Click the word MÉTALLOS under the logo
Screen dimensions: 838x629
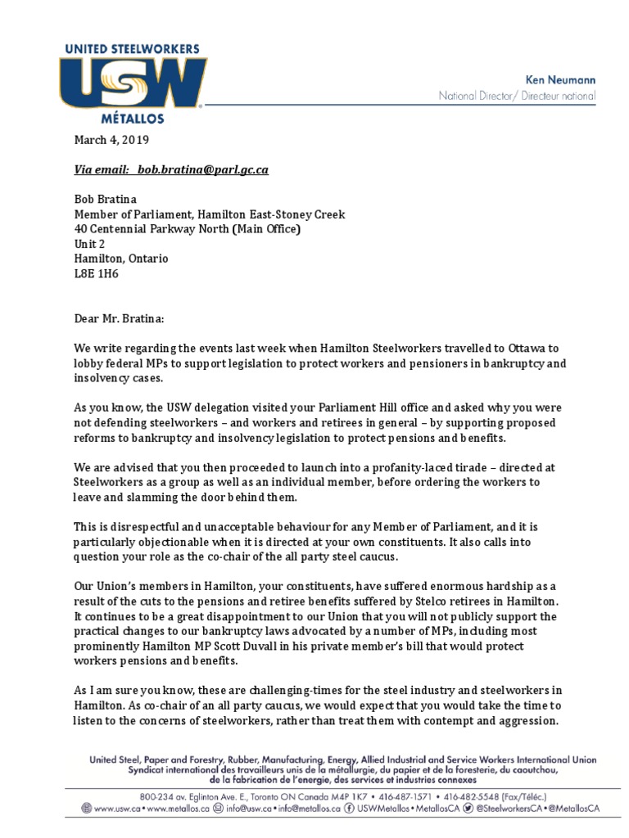[132, 119]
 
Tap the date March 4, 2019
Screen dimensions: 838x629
[111, 140]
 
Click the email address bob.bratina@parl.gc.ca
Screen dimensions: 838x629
[202, 170]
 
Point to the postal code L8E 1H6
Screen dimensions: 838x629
[94, 273]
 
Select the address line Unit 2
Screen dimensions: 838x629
[89, 244]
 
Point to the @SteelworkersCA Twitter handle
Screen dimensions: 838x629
[507, 808]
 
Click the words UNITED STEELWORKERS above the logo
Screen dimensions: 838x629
[132, 50]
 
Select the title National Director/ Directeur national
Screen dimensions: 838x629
[517, 97]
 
